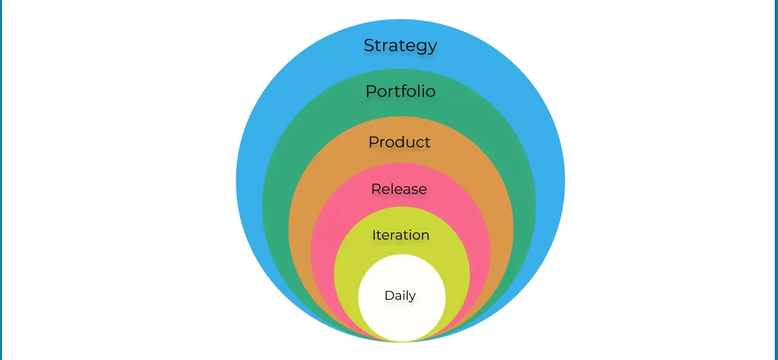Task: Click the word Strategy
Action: pyautogui.click(x=400, y=46)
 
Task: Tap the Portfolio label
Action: pyautogui.click(x=401, y=91)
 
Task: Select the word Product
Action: pyautogui.click(x=399, y=142)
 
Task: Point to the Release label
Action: pyautogui.click(x=399, y=189)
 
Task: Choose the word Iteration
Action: pyautogui.click(x=401, y=235)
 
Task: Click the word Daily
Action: pyautogui.click(x=400, y=296)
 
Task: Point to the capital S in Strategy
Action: pyautogui.click(x=369, y=45)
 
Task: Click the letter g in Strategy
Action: pyautogui.click(x=421, y=48)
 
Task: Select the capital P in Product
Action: pyautogui.click(x=373, y=142)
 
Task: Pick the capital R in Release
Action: pyautogui.click(x=376, y=189)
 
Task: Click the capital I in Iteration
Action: pyautogui.click(x=373, y=235)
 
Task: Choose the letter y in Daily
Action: pyautogui.click(x=412, y=297)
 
